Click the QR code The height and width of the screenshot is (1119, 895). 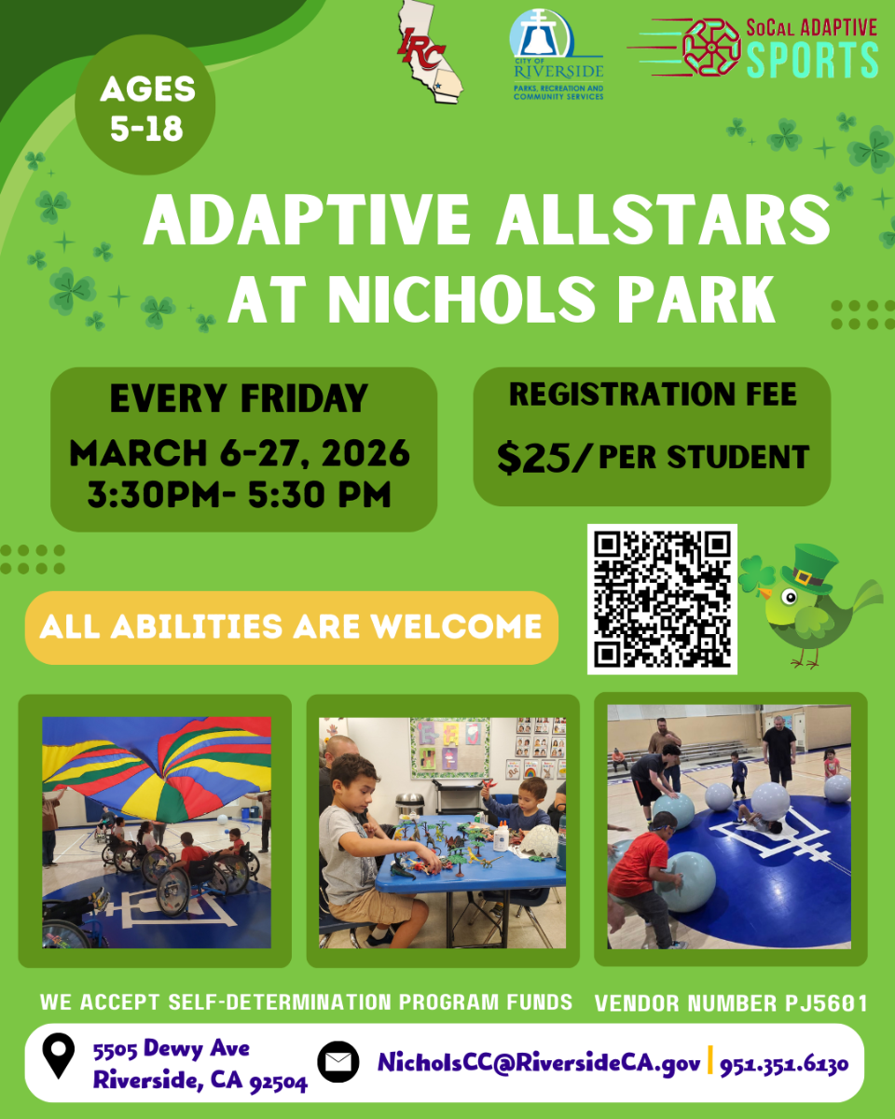(x=662, y=599)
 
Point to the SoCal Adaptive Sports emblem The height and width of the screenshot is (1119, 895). (x=712, y=46)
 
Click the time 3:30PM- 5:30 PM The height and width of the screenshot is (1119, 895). (x=239, y=494)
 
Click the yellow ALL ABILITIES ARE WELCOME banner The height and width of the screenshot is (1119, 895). (x=291, y=627)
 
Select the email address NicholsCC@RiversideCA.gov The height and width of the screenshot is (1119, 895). (x=539, y=1063)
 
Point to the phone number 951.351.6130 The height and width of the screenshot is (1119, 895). (x=783, y=1063)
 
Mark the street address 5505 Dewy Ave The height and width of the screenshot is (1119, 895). (x=171, y=1049)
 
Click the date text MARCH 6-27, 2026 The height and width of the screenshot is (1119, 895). (x=240, y=454)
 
